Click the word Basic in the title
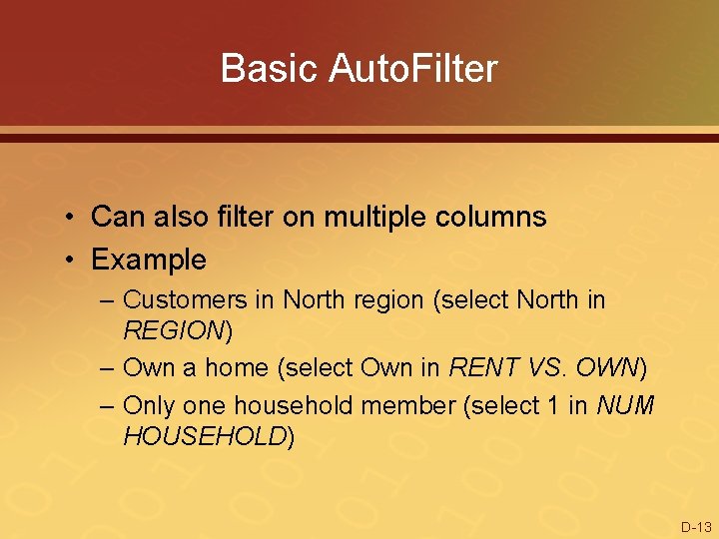[x=261, y=69]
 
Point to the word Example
[x=149, y=260]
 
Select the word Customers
[x=199, y=298]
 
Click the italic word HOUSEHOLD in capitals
[x=205, y=436]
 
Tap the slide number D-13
[x=696, y=526]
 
